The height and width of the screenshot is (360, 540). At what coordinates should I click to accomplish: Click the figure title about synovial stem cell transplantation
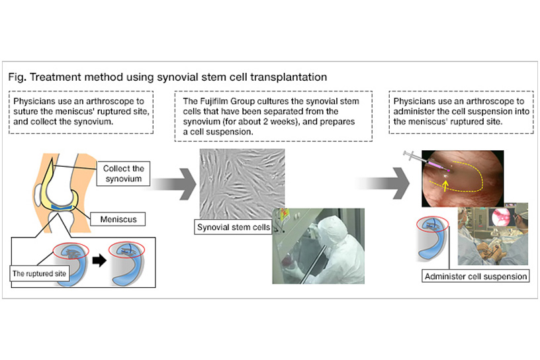pyautogui.click(x=167, y=77)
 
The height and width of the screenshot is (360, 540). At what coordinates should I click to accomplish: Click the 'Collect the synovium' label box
pyautogui.click(x=123, y=173)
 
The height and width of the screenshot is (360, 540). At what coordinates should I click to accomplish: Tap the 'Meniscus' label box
pyautogui.click(x=118, y=218)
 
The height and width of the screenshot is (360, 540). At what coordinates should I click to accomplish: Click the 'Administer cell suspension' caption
pyautogui.click(x=475, y=276)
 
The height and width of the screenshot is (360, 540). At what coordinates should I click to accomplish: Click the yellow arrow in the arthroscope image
pyautogui.click(x=443, y=188)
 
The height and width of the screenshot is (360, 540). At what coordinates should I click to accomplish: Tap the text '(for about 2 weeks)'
pyautogui.click(x=251, y=121)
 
